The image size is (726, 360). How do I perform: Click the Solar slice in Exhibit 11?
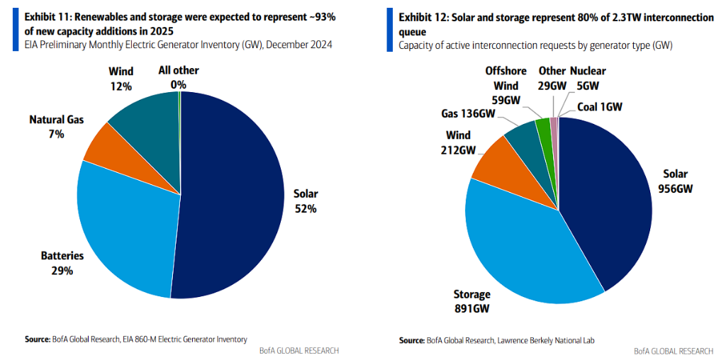click(234, 191)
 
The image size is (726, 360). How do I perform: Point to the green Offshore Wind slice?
click(544, 128)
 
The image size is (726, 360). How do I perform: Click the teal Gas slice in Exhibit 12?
click(523, 136)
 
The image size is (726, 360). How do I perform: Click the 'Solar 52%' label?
click(306, 201)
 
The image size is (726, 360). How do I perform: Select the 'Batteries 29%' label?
click(62, 263)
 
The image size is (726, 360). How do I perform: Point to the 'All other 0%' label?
click(179, 78)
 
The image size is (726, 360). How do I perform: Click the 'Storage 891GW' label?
click(471, 301)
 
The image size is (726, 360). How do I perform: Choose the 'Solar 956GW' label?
click(675, 181)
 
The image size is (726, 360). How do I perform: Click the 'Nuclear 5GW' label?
click(588, 78)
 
